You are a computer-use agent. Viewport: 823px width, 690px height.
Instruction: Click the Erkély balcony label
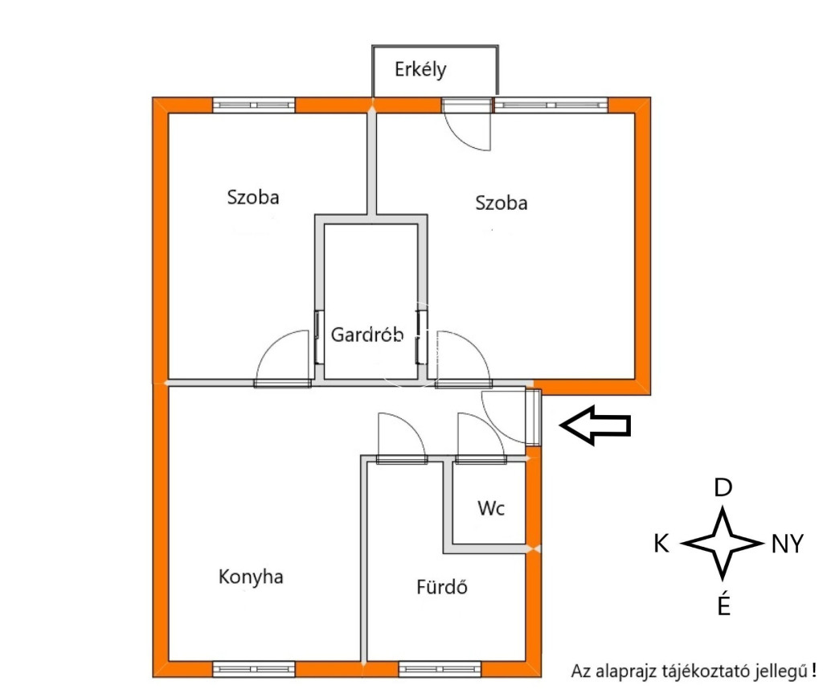tap(420, 69)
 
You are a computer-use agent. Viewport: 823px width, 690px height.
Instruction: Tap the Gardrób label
tap(367, 335)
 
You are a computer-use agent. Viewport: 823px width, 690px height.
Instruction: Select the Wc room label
tap(491, 508)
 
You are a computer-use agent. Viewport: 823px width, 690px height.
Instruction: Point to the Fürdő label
tap(442, 586)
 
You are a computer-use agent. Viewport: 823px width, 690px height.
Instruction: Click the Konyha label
tap(251, 577)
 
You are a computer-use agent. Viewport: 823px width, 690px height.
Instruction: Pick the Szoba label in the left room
tap(253, 198)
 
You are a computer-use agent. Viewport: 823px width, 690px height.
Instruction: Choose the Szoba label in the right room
tap(502, 203)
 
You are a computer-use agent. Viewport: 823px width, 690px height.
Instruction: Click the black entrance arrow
tap(596, 425)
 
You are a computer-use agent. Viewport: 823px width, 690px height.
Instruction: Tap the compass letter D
tap(723, 488)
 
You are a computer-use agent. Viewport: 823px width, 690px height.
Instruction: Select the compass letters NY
tap(788, 544)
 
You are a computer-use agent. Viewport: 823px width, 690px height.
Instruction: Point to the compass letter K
tap(661, 544)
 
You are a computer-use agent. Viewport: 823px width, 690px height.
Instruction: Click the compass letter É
tap(724, 605)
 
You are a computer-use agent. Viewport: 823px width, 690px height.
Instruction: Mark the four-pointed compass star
tap(723, 544)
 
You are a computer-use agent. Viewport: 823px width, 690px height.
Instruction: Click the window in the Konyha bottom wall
tap(253, 669)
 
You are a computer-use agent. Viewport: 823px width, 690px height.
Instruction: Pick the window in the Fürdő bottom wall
tap(440, 669)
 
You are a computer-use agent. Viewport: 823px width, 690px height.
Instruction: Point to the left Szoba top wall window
tap(253, 105)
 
